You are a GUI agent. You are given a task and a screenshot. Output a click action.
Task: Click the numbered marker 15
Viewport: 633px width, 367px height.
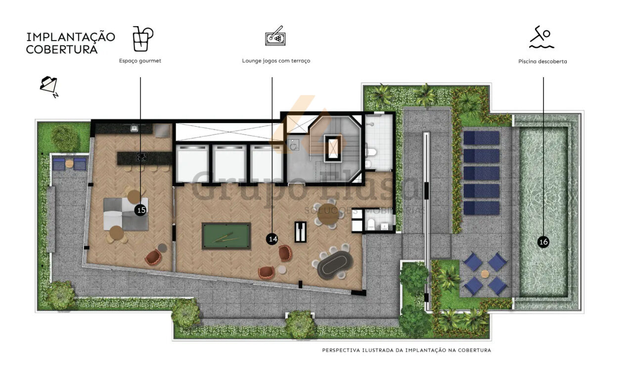pyautogui.click(x=140, y=210)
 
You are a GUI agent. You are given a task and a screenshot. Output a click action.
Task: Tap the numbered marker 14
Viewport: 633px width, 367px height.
pyautogui.click(x=272, y=239)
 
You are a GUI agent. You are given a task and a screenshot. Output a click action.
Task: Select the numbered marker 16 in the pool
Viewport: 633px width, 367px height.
pyautogui.click(x=543, y=242)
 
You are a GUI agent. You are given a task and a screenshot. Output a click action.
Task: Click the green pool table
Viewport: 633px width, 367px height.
pyautogui.click(x=226, y=236)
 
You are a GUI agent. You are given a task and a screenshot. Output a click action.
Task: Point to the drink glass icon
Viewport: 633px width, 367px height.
pyautogui.click(x=143, y=39)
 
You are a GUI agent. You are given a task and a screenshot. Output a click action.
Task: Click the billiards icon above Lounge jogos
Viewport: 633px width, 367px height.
pyautogui.click(x=275, y=36)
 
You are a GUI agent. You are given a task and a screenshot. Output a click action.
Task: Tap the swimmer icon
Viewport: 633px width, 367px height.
pyautogui.click(x=541, y=37)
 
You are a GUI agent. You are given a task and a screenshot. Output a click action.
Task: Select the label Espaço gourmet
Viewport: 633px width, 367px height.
pyautogui.click(x=140, y=61)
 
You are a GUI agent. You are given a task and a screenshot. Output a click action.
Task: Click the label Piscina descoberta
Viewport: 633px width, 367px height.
pyautogui.click(x=543, y=61)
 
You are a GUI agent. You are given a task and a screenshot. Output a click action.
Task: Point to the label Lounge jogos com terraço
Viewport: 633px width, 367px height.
pyautogui.click(x=276, y=61)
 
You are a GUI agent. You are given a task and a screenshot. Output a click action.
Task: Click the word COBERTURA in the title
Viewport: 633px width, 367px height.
pyautogui.click(x=62, y=49)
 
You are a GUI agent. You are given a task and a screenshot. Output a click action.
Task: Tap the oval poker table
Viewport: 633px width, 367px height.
pyautogui.click(x=335, y=265)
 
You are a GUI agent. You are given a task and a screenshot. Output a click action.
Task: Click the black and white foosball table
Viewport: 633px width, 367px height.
pyautogui.click(x=300, y=231)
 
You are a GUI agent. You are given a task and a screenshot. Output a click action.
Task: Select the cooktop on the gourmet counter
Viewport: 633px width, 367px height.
pyautogui.click(x=141, y=157)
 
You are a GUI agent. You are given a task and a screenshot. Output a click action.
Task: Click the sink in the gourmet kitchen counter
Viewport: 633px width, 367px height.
pyautogui.click(x=134, y=129)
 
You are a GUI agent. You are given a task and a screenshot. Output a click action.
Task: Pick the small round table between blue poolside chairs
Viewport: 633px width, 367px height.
pyautogui.click(x=485, y=274)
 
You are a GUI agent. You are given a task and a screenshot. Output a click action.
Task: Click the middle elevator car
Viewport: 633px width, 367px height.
pyautogui.click(x=229, y=163)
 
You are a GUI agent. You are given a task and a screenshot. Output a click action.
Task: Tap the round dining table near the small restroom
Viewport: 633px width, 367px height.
pyautogui.click(x=328, y=214)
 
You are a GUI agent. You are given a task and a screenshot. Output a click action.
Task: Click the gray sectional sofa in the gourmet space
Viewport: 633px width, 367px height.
pyautogui.click(x=126, y=214)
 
